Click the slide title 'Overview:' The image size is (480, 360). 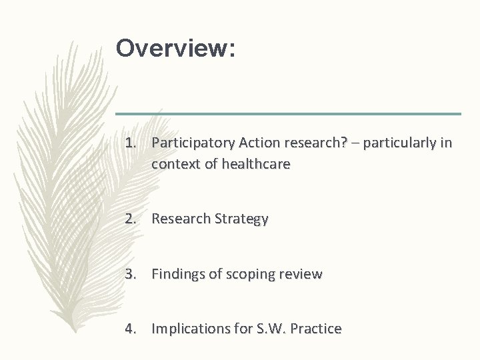click(x=175, y=49)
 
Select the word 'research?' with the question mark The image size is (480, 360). click(x=307, y=143)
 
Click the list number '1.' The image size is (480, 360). click(x=131, y=143)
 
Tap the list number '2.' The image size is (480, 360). click(x=131, y=219)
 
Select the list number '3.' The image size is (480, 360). click(x=131, y=274)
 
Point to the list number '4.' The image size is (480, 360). click(x=131, y=329)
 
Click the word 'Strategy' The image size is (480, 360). click(x=241, y=219)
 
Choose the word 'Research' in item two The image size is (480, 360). click(x=181, y=219)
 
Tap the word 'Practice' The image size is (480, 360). click(x=315, y=329)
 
